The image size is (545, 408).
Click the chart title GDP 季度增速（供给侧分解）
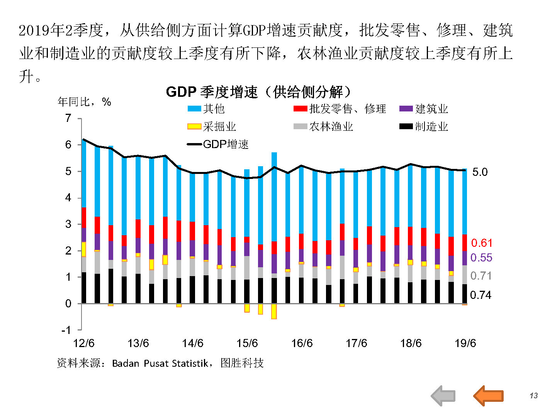click(258, 92)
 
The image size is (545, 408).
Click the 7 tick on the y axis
click(68, 118)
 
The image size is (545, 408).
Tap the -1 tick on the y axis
click(66, 330)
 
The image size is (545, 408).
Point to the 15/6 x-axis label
click(247, 343)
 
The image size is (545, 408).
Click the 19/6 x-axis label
click(465, 343)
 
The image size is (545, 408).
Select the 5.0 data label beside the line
click(480, 172)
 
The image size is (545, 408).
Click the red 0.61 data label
click(482, 243)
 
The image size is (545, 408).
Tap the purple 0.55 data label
click(481, 258)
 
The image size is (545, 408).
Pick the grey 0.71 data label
click(481, 276)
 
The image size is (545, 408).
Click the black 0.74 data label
click(480, 295)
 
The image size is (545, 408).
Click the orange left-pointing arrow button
click(488, 395)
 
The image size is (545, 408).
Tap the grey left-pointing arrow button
click(443, 395)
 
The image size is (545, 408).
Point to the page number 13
click(533, 396)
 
